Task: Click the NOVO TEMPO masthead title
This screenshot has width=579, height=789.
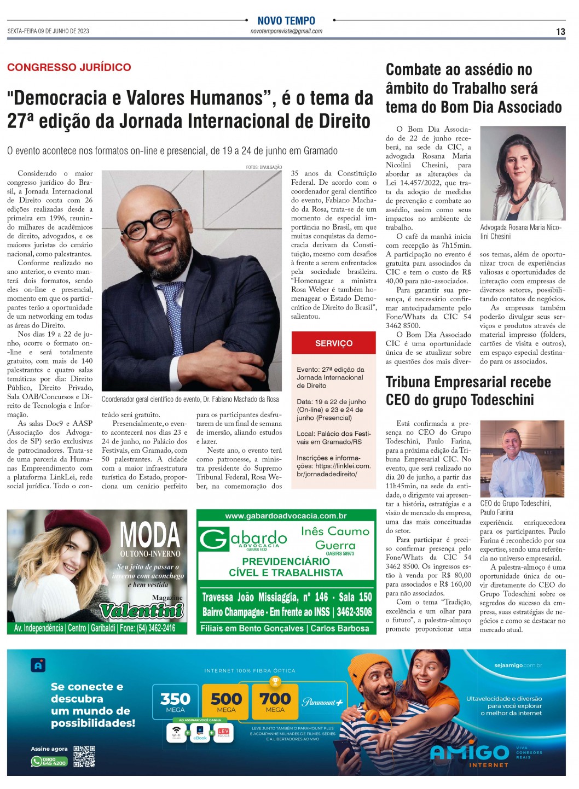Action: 286,20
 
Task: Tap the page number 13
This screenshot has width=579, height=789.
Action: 560,32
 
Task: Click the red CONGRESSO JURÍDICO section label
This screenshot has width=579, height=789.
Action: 69,67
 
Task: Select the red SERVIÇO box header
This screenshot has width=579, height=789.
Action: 334,343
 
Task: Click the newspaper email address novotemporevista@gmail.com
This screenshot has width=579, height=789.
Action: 286,31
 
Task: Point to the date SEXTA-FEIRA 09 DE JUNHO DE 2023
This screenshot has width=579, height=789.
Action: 48,31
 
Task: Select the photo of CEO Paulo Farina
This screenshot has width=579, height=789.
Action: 522,458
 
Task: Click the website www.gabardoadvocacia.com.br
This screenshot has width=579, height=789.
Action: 286,516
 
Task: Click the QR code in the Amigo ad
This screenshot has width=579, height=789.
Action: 84,756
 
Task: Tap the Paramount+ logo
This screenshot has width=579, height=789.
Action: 323,702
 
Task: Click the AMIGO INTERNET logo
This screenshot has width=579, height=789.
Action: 470,755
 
